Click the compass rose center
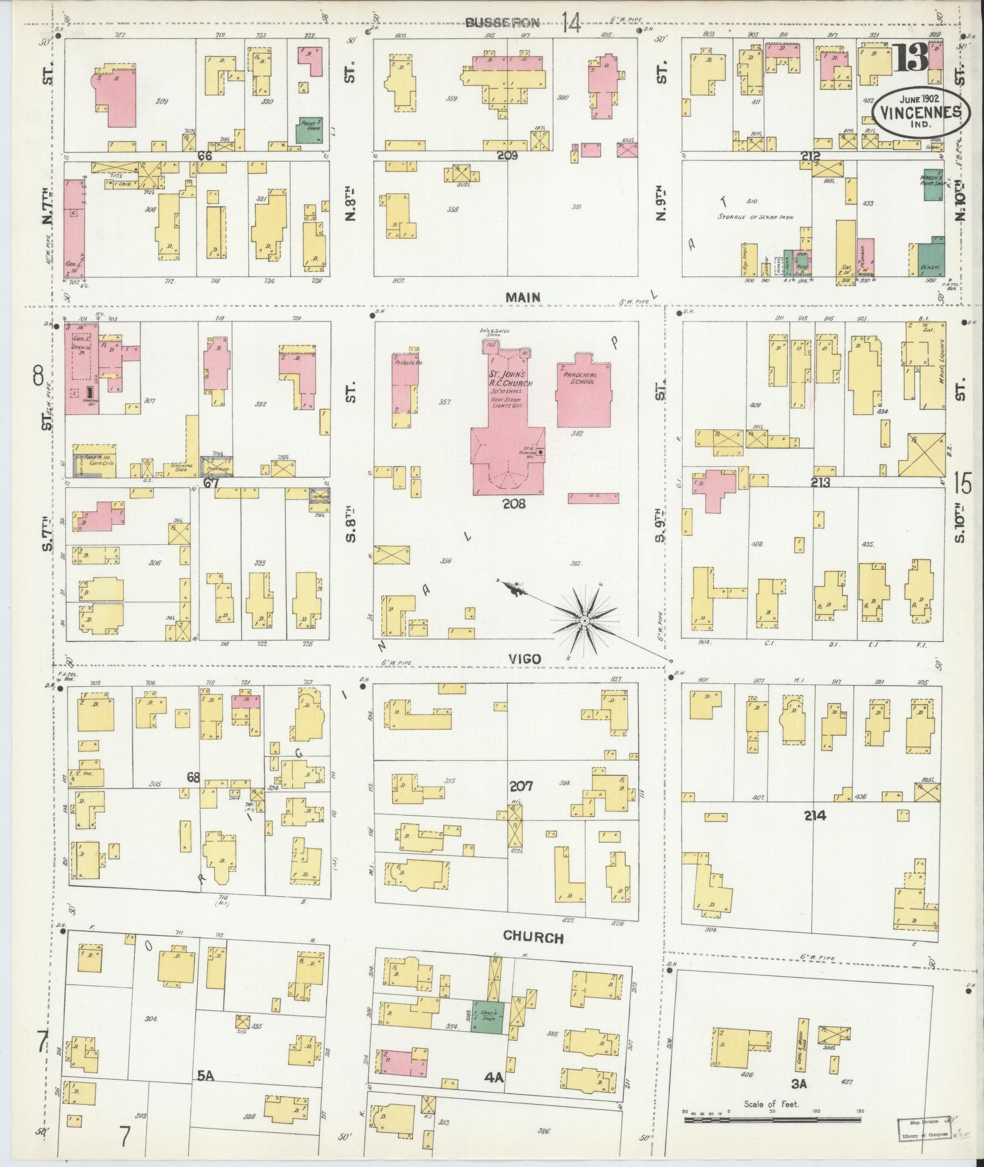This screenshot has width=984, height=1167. click(584, 620)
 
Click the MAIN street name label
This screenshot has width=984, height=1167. click(523, 297)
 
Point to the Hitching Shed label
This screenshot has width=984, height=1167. click(179, 465)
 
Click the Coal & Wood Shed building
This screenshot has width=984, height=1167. click(801, 1043)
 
